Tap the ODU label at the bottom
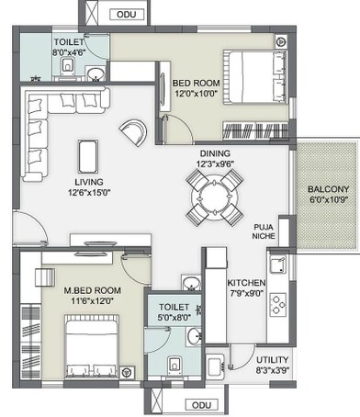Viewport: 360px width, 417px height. pos(203,404)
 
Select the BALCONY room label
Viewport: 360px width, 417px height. pos(326,191)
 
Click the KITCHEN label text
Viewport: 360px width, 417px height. pos(246,282)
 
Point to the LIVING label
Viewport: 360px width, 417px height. pos(87,181)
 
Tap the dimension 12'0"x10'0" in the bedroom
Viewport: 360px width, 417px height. pos(196,92)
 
